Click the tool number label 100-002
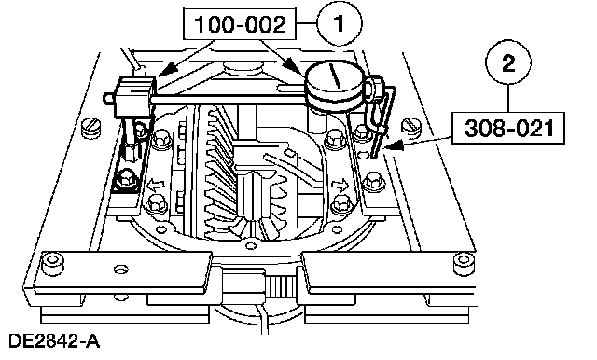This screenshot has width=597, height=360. coord(240,24)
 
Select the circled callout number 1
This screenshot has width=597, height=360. coord(340,23)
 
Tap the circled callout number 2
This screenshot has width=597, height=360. coord(508,62)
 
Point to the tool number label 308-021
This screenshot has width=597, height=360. coord(508,128)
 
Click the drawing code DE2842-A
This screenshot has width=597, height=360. coord(54,341)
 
